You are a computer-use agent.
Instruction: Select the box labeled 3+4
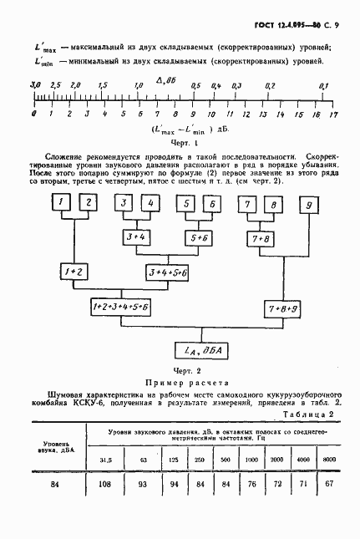pos(135,237)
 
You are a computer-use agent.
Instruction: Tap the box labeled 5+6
pos(200,237)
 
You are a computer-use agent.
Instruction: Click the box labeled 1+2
pos(72,272)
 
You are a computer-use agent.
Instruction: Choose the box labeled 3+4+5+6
pos(169,272)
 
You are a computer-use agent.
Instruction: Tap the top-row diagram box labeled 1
pos(59,203)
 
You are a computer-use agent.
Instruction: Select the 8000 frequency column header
pos(331,460)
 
